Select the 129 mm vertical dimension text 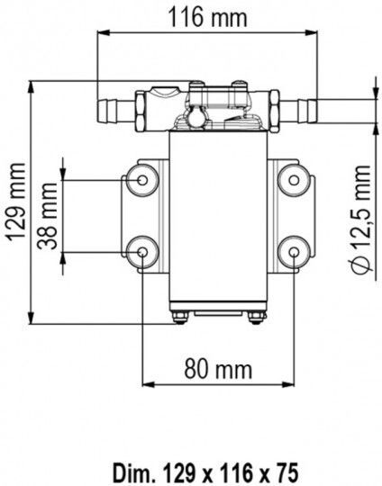16,202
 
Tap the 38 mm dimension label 48,216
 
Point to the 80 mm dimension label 218,369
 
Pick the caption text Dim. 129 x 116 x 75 205,472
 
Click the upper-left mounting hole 142,180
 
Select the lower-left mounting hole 142,252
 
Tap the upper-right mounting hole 294,180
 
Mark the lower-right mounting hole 294,252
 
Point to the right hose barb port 298,111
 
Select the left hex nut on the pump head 140,111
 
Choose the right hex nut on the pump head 275,111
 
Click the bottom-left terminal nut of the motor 180,318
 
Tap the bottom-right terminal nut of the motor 257,318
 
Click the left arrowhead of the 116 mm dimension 104,32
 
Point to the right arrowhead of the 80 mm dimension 287,384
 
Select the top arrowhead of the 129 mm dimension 31,87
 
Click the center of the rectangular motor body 218,216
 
